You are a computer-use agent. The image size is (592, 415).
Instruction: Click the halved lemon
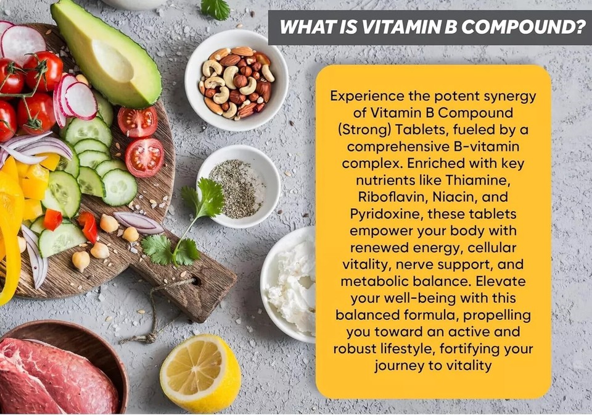[200, 374]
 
